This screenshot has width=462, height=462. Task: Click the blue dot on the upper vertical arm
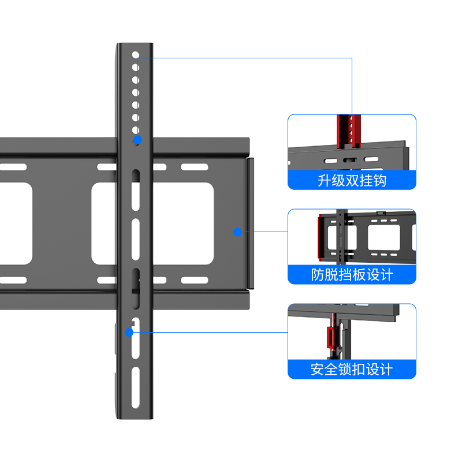pos(137,140)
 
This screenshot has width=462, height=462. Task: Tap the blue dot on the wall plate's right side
pos(237,232)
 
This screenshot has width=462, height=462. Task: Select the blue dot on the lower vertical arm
pos(129,332)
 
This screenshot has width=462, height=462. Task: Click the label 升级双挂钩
pos(352,180)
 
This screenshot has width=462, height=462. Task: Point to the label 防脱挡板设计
pos(352,274)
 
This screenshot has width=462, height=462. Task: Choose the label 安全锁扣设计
pos(352,368)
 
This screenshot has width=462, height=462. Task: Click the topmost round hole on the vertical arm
pos(136,56)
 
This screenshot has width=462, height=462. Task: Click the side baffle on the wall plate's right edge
pos(251,223)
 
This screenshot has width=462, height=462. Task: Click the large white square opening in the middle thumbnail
pos(383,237)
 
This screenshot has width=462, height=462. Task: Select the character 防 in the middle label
pos(318,274)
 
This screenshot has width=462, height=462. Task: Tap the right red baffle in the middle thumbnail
pos(414,237)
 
